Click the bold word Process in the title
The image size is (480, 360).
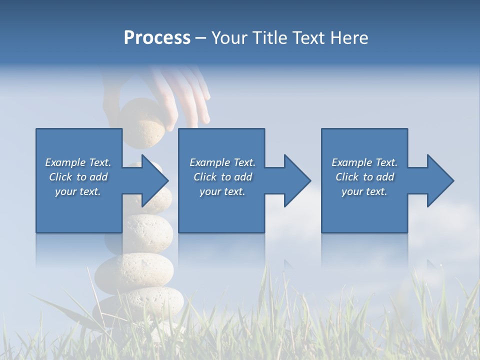point(157,38)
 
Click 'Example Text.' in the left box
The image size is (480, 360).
point(78,162)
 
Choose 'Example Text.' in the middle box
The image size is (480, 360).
point(222,162)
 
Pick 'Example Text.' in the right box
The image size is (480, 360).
point(364,162)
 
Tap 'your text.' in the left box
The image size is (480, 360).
point(78,191)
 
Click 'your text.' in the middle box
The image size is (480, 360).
point(222,191)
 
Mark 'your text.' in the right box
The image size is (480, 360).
point(364,191)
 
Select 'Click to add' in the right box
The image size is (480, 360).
point(364,177)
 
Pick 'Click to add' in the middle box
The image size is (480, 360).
point(222,177)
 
